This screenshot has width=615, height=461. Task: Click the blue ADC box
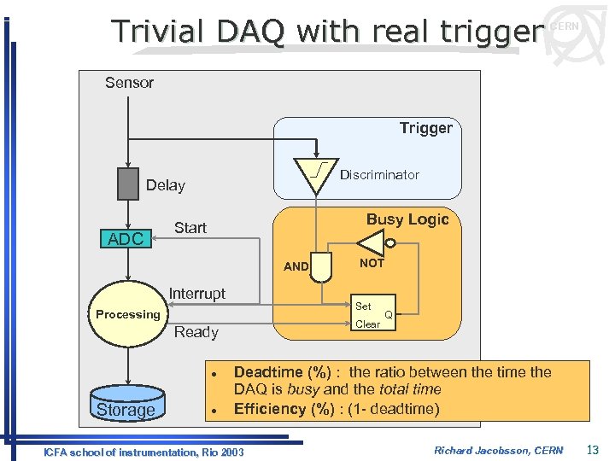(x=126, y=239)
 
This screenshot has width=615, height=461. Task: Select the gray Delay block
(x=127, y=184)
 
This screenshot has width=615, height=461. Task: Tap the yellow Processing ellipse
(x=127, y=315)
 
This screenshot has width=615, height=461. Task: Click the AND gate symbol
(x=322, y=267)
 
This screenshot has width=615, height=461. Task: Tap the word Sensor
(x=129, y=83)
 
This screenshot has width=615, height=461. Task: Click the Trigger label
(x=425, y=128)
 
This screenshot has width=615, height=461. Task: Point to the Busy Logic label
(x=407, y=219)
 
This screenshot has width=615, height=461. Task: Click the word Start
(x=190, y=228)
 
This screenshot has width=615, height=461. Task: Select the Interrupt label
(x=196, y=294)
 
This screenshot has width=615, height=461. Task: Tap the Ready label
(x=196, y=332)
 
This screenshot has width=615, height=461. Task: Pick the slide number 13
(x=593, y=450)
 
